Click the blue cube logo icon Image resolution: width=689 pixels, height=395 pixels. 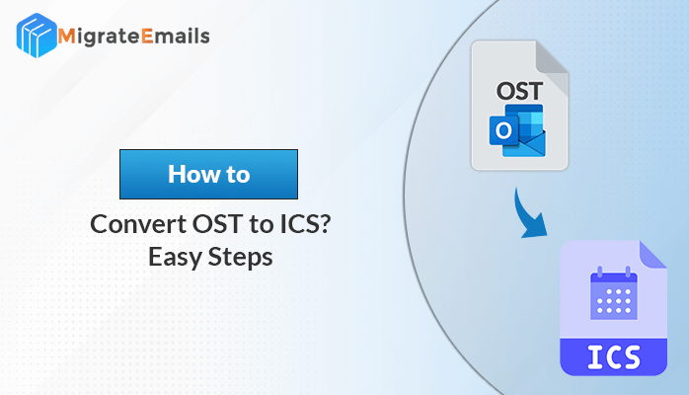pyautogui.click(x=37, y=36)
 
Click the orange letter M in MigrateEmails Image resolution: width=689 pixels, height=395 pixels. pyautogui.click(x=66, y=37)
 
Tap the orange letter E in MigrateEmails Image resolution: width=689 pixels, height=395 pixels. pyautogui.click(x=147, y=37)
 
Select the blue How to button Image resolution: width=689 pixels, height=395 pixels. pyautogui.click(x=208, y=174)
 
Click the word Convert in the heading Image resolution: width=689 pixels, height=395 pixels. pyautogui.click(x=138, y=224)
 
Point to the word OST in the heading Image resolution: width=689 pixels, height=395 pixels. pyautogui.click(x=217, y=224)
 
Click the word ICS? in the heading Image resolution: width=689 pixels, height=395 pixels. pyautogui.click(x=305, y=224)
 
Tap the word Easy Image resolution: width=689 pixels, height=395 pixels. pyautogui.click(x=175, y=258)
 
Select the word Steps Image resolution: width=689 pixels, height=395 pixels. pyautogui.click(x=240, y=258)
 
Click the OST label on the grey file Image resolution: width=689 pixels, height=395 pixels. pyautogui.click(x=519, y=92)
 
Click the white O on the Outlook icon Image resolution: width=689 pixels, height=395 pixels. pyautogui.click(x=503, y=130)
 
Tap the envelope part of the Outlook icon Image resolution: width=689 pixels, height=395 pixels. pyautogui.click(x=524, y=143)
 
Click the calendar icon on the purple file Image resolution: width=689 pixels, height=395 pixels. pyautogui.click(x=614, y=292)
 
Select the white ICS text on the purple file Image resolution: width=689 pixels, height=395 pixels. pyautogui.click(x=614, y=356)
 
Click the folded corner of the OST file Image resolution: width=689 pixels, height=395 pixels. pyautogui.click(x=552, y=63)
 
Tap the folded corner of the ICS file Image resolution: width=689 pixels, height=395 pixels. pyautogui.click(x=653, y=255)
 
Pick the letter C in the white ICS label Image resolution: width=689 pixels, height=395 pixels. pyautogui.click(x=613, y=356)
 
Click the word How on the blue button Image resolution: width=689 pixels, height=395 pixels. pyautogui.click(x=194, y=174)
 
